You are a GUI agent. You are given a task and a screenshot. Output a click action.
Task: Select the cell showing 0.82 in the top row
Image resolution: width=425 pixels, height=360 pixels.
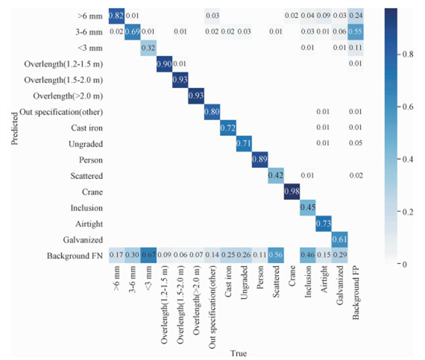pos(116,15)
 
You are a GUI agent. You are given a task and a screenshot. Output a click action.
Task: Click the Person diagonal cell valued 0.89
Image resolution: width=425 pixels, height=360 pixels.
pos(259,160)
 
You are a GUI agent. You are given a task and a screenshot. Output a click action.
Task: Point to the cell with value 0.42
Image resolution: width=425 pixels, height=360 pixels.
pos(275,176)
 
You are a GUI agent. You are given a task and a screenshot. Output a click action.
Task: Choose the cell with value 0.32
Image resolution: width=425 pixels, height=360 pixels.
pos(148,47)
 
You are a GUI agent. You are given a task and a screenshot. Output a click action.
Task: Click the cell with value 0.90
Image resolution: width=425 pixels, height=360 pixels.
pos(164,64)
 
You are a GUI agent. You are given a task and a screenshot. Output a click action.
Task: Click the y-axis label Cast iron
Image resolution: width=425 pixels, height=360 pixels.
pos(87,127)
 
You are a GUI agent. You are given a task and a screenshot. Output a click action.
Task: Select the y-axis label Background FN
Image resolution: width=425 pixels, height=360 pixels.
pos(74,256)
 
